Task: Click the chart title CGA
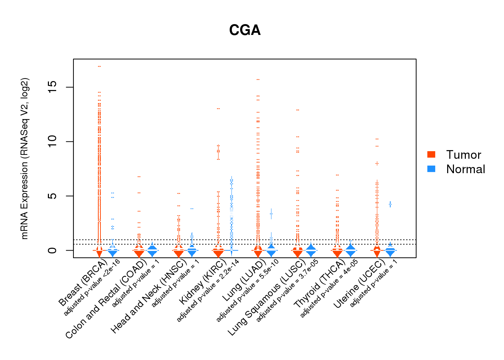(x=245, y=30)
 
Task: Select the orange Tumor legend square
(x=431, y=154)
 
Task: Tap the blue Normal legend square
(x=431, y=169)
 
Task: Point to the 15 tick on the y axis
(x=53, y=87)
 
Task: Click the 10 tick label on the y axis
(x=53, y=141)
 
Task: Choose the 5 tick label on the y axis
(x=53, y=196)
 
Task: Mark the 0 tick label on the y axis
(x=53, y=250)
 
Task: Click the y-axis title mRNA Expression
(x=24, y=158)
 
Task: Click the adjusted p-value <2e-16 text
(x=91, y=288)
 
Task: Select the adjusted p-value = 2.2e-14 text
(x=208, y=291)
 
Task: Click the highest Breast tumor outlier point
(x=99, y=66)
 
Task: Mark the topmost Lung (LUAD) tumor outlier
(x=258, y=79)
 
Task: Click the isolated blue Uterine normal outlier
(x=390, y=204)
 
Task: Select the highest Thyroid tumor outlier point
(x=337, y=175)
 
